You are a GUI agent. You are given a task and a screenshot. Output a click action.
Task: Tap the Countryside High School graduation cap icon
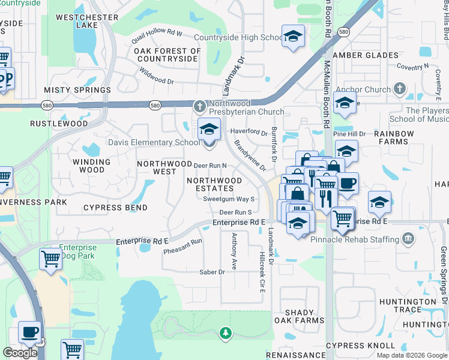tap(293, 37)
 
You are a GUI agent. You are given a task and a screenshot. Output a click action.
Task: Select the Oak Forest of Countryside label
tap(166, 55)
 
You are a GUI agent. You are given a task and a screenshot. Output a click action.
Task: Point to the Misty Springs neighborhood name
tap(77, 90)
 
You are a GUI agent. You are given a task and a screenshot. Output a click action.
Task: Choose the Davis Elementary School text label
tap(153, 142)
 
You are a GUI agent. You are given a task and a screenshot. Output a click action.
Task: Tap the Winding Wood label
tap(91, 166)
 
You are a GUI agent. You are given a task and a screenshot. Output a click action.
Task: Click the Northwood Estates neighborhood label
tap(214, 184)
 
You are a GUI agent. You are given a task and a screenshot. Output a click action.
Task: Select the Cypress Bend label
tap(115, 208)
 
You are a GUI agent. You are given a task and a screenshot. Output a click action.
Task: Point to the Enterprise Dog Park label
tap(77, 251)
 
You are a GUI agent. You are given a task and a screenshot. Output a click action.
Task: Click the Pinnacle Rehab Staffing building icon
tap(408, 239)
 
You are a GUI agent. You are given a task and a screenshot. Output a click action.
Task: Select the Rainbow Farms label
tap(394, 137)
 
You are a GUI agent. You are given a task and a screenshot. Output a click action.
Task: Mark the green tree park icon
tap(225, 332)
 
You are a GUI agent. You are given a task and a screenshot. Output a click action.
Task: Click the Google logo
tap(20, 353)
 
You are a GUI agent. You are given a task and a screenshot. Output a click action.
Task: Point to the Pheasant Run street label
tap(183, 246)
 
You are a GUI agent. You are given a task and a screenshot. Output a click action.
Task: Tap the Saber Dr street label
tap(212, 272)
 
